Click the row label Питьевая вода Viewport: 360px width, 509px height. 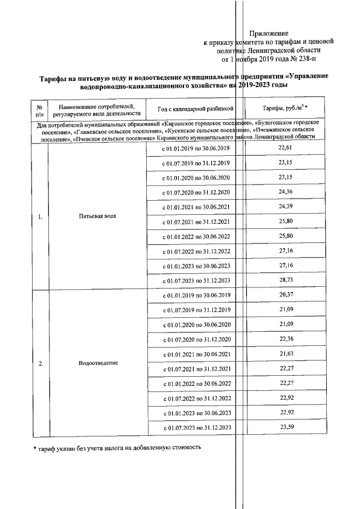coord(98,217)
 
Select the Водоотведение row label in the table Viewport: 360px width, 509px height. coord(98,363)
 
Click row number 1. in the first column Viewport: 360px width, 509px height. coord(40,217)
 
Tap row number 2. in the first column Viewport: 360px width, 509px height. coord(40,363)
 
